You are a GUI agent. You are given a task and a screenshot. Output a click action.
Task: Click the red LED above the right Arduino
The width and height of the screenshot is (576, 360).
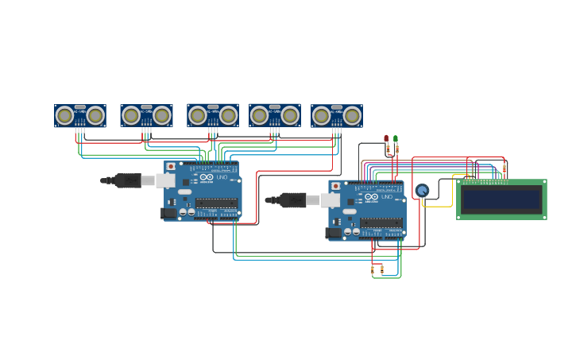click(386, 138)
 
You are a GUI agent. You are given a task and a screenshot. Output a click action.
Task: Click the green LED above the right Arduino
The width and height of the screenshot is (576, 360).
click(396, 138)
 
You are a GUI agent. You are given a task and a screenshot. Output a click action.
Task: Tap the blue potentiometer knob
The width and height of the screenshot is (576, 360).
click(422, 191)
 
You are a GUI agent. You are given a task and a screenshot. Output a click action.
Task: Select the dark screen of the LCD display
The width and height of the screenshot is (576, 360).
click(501, 199)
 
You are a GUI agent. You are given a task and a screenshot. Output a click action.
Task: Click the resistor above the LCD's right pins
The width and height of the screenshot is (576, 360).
click(505, 169)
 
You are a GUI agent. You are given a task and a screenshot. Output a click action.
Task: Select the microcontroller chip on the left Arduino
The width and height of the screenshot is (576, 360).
click(216, 203)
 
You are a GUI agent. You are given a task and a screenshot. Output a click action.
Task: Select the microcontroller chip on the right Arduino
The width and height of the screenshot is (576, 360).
click(381, 222)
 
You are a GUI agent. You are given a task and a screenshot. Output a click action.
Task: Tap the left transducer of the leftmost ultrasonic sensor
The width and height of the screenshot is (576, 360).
click(64, 116)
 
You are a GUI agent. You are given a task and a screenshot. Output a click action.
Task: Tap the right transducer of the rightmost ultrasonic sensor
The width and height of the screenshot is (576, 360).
click(352, 116)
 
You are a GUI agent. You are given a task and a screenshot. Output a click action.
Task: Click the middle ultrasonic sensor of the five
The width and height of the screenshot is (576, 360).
click(213, 116)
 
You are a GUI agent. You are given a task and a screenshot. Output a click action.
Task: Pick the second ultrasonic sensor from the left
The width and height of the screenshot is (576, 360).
click(147, 116)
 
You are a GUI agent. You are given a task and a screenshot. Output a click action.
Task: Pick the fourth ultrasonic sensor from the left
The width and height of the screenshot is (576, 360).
click(275, 116)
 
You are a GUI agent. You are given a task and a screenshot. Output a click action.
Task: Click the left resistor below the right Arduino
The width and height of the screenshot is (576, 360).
click(372, 270)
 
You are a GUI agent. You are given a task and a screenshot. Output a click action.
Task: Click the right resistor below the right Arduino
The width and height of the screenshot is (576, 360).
click(381, 269)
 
